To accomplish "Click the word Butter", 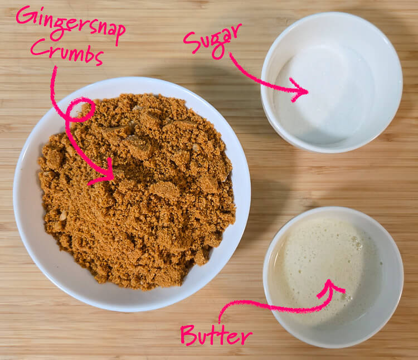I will [216, 335].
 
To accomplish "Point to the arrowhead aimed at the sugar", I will [299, 90].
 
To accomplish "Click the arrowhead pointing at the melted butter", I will [330, 289].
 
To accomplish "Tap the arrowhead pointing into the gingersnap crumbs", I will [105, 173].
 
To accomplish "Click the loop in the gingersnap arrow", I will [79, 109].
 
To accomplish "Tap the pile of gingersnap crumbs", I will [145, 195].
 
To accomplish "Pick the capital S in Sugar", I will [191, 42].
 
